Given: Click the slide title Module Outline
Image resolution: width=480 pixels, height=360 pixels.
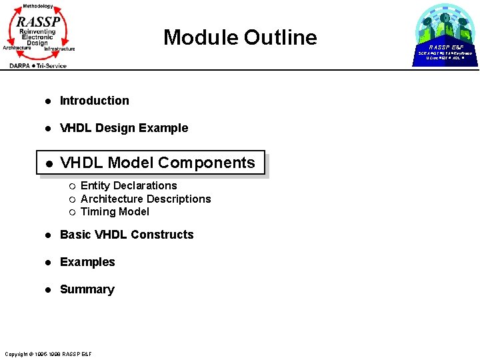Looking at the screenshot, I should [240, 37].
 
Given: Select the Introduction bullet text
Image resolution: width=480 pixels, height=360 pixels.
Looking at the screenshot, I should [94, 101].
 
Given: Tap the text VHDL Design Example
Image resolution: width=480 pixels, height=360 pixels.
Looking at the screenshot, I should [124, 128].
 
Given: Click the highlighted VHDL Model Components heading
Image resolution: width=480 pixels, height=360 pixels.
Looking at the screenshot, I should [157, 163].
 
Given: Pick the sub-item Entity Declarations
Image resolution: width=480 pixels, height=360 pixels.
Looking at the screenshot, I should [129, 185].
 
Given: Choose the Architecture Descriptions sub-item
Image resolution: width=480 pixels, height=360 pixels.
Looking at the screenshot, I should [145, 199].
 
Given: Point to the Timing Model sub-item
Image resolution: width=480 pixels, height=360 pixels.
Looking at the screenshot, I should [115, 212].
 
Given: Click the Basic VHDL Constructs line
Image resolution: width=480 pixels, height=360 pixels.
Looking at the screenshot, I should [127, 235].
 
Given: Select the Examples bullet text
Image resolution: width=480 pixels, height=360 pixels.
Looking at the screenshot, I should [87, 262].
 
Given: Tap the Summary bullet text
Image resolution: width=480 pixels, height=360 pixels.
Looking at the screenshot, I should [87, 289].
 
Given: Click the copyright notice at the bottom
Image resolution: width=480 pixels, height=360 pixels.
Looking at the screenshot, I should [48, 353].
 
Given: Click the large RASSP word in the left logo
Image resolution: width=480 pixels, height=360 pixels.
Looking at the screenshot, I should [38, 21].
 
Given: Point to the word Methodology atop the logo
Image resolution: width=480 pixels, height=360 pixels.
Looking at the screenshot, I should [37, 5].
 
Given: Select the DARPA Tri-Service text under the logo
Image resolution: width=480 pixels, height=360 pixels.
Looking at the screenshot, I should [38, 65].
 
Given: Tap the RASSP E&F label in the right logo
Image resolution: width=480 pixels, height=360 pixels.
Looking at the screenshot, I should [446, 47].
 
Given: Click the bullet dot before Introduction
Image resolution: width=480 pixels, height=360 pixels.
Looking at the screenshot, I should [48, 101].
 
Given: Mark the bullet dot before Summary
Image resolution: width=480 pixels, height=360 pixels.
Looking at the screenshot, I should [48, 290].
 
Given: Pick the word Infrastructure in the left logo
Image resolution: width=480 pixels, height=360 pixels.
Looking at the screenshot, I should [60, 49].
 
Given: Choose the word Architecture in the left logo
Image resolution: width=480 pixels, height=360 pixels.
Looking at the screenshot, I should [17, 48].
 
